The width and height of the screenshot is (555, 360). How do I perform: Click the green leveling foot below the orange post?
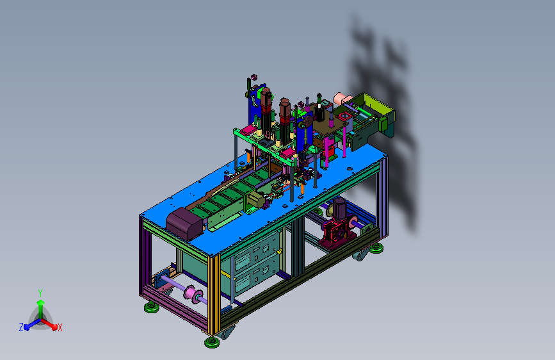pyautogui.click(x=212, y=342)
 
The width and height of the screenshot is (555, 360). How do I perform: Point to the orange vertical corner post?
pyautogui.click(x=214, y=295)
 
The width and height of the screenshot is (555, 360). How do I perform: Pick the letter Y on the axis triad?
pyautogui.click(x=40, y=293)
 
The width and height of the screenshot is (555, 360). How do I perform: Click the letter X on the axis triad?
pyautogui.click(x=60, y=328)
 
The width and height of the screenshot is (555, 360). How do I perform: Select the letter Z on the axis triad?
pyautogui.click(x=21, y=327)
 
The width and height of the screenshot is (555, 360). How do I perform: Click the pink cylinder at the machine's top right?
pyautogui.click(x=341, y=98)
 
